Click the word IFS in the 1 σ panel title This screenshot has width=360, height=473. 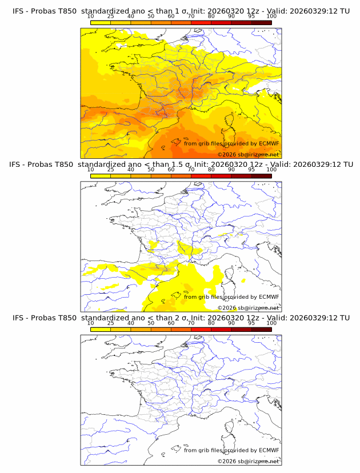click(x=20, y=11)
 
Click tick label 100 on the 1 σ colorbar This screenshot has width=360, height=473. click(x=271, y=17)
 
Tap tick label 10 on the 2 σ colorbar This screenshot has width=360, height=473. click(x=91, y=323)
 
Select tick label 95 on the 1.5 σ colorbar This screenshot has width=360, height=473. click(x=251, y=170)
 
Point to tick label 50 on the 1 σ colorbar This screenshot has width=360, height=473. click(x=151, y=17)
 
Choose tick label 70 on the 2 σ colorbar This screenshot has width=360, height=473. click(x=191, y=323)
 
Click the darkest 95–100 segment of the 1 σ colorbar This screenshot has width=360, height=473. click(x=261, y=22)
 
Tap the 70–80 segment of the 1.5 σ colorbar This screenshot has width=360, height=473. click(x=201, y=175)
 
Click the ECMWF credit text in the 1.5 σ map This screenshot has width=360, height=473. click(x=231, y=296)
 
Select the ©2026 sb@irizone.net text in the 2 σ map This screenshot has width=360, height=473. click(x=248, y=461)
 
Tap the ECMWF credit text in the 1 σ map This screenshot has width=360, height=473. click(x=231, y=143)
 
